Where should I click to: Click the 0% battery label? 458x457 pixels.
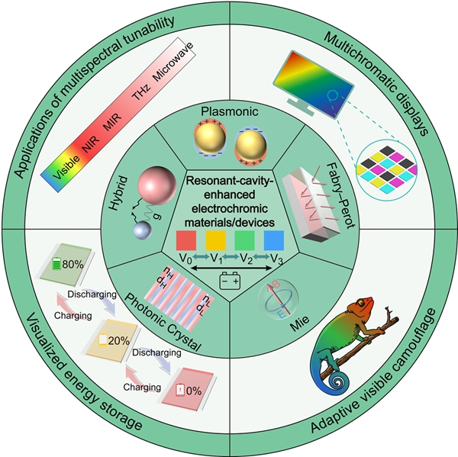pos(191,393)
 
